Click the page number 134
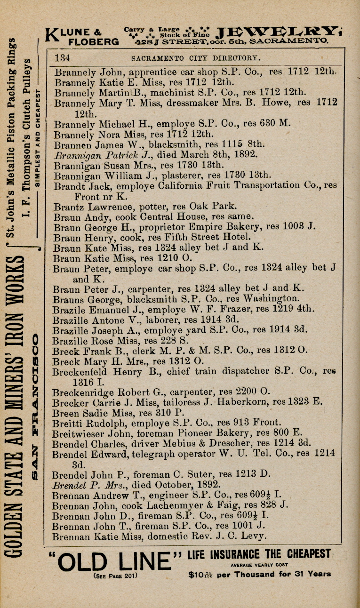coord(63,58)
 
